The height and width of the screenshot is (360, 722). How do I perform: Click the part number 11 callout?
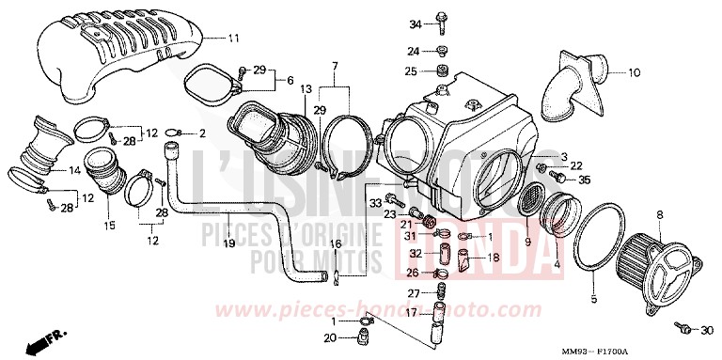[234, 38]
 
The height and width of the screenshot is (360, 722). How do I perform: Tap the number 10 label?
[635, 71]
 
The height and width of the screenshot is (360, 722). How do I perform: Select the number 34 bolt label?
[414, 23]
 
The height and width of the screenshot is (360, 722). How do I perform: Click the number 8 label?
[660, 216]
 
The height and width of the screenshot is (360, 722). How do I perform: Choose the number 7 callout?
[335, 65]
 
